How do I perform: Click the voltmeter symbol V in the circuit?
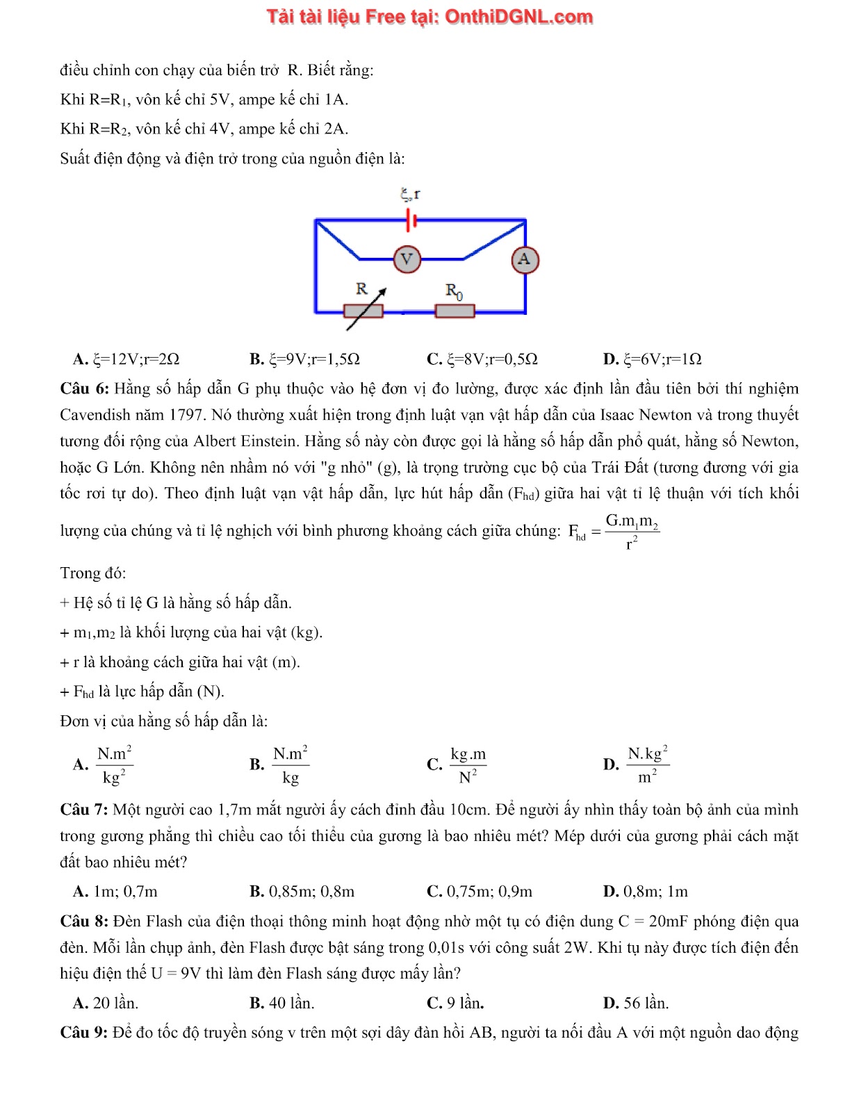point(407,260)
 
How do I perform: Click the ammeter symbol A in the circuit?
point(525,260)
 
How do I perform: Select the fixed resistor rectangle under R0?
point(455,311)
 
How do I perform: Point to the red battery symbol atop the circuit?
point(411,221)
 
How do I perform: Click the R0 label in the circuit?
point(454,291)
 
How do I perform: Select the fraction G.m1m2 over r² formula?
point(632,532)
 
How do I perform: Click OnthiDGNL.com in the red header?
point(518,17)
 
